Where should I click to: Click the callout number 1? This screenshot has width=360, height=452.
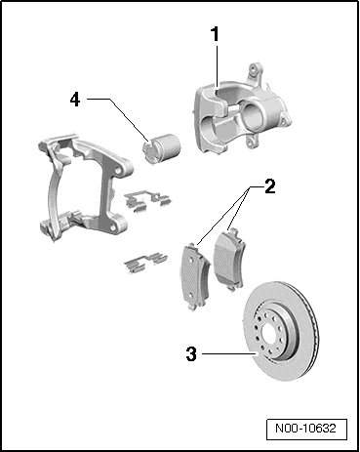pos(215,34)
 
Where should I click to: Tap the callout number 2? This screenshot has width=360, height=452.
pos(270,186)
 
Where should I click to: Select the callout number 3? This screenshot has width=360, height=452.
pos(191,353)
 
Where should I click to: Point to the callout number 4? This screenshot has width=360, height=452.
pos(75,100)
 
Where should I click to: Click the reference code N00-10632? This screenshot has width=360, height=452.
pos(305,428)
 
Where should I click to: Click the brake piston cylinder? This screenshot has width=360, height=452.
pos(161,148)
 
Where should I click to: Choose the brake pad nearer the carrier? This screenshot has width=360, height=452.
pos(194,276)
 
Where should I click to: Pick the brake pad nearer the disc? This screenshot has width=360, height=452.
pos(228,259)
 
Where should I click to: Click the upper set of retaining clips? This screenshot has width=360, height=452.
pos(147,199)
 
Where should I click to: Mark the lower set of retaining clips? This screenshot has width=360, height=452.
pos(145,261)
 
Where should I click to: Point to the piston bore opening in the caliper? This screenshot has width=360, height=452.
pos(251,114)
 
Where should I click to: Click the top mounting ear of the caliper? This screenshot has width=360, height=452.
pos(255,72)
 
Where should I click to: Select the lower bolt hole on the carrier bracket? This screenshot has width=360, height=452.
pos(114,226)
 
